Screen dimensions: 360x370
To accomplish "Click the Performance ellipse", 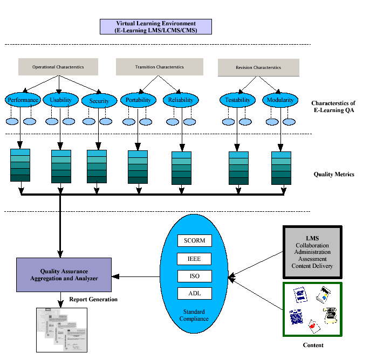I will [23, 100].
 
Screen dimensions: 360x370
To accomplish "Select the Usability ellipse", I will [60, 100].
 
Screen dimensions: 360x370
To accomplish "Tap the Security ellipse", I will [99, 101].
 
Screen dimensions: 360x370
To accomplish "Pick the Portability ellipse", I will [138, 100].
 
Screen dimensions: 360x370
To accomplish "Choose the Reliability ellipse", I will [181, 100].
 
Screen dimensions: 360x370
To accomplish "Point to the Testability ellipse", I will [237, 100].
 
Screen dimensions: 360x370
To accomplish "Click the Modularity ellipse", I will [280, 100].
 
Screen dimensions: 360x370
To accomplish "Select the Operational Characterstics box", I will [58, 67].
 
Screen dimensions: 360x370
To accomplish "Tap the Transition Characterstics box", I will [159, 67].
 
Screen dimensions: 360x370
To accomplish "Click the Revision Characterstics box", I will [258, 67].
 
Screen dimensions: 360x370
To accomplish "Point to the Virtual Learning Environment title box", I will [156, 27].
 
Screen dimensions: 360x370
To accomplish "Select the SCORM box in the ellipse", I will [194, 240].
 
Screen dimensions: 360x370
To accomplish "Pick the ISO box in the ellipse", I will [194, 276].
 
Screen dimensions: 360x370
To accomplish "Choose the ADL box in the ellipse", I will [194, 294].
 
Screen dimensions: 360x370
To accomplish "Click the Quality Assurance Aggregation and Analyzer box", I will [64, 274].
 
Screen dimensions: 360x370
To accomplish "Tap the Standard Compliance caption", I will [195, 315].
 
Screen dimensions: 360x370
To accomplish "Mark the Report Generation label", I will [93, 299].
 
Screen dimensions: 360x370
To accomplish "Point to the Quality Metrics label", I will [334, 174].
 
